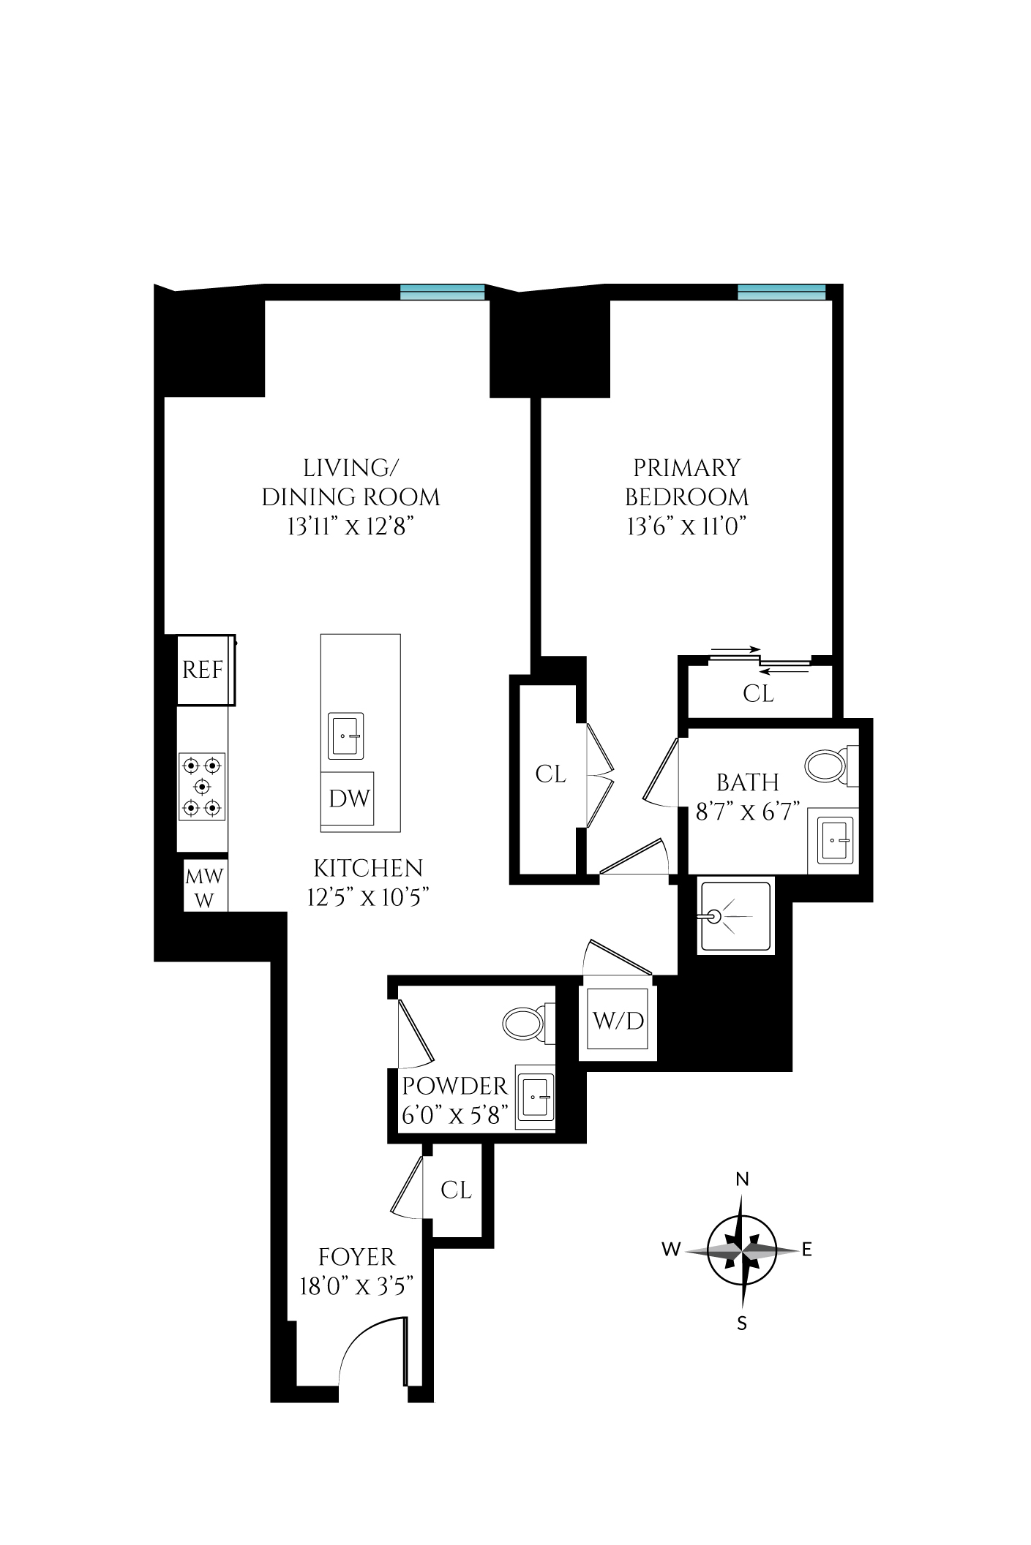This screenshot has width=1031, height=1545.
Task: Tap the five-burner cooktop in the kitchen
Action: coord(202,787)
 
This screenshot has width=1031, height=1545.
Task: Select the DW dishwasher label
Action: coord(348,798)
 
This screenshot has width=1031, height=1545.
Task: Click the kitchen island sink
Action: coord(345,735)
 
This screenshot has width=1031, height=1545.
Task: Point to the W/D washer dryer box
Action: coord(618,1021)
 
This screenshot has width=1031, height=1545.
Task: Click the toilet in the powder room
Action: coord(521,1022)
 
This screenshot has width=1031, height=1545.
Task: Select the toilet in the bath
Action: coord(827,766)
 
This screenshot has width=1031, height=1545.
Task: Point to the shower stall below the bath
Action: coord(736,917)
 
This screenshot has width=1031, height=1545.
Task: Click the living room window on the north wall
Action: coord(443,292)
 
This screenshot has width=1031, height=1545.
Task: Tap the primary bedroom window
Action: coord(781,292)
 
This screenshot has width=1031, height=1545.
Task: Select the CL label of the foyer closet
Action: coord(457,1190)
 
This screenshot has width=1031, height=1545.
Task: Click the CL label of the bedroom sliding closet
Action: coord(758,693)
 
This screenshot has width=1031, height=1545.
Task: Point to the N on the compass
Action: coord(742,1179)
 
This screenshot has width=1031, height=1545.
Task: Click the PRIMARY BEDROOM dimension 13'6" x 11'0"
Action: coord(686,526)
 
